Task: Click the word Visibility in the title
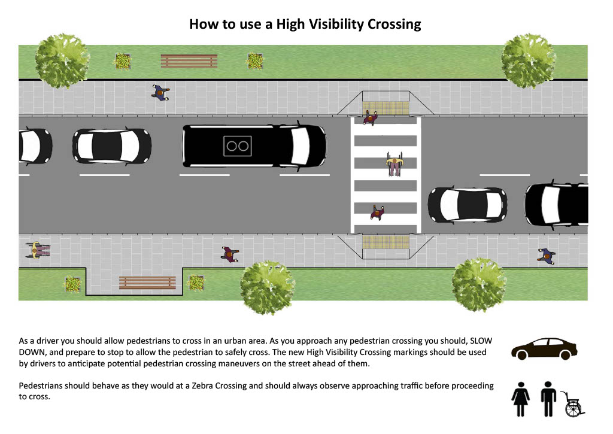(336, 24)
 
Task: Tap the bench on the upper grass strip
(189, 61)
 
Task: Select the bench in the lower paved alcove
(147, 283)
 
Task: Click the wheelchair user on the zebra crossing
(394, 164)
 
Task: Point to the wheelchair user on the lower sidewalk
(38, 250)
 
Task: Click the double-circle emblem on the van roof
(237, 146)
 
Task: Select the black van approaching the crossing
(254, 146)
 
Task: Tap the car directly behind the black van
(112, 146)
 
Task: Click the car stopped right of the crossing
(468, 205)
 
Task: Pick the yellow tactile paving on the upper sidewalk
(386, 108)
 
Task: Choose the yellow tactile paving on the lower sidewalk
(386, 242)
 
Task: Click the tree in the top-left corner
(62, 60)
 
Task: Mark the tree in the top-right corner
(529, 60)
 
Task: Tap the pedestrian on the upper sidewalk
(160, 93)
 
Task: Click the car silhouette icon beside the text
(544, 349)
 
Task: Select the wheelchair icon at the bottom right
(573, 404)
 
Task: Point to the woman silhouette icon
(521, 399)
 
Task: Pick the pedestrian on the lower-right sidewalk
(546, 256)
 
